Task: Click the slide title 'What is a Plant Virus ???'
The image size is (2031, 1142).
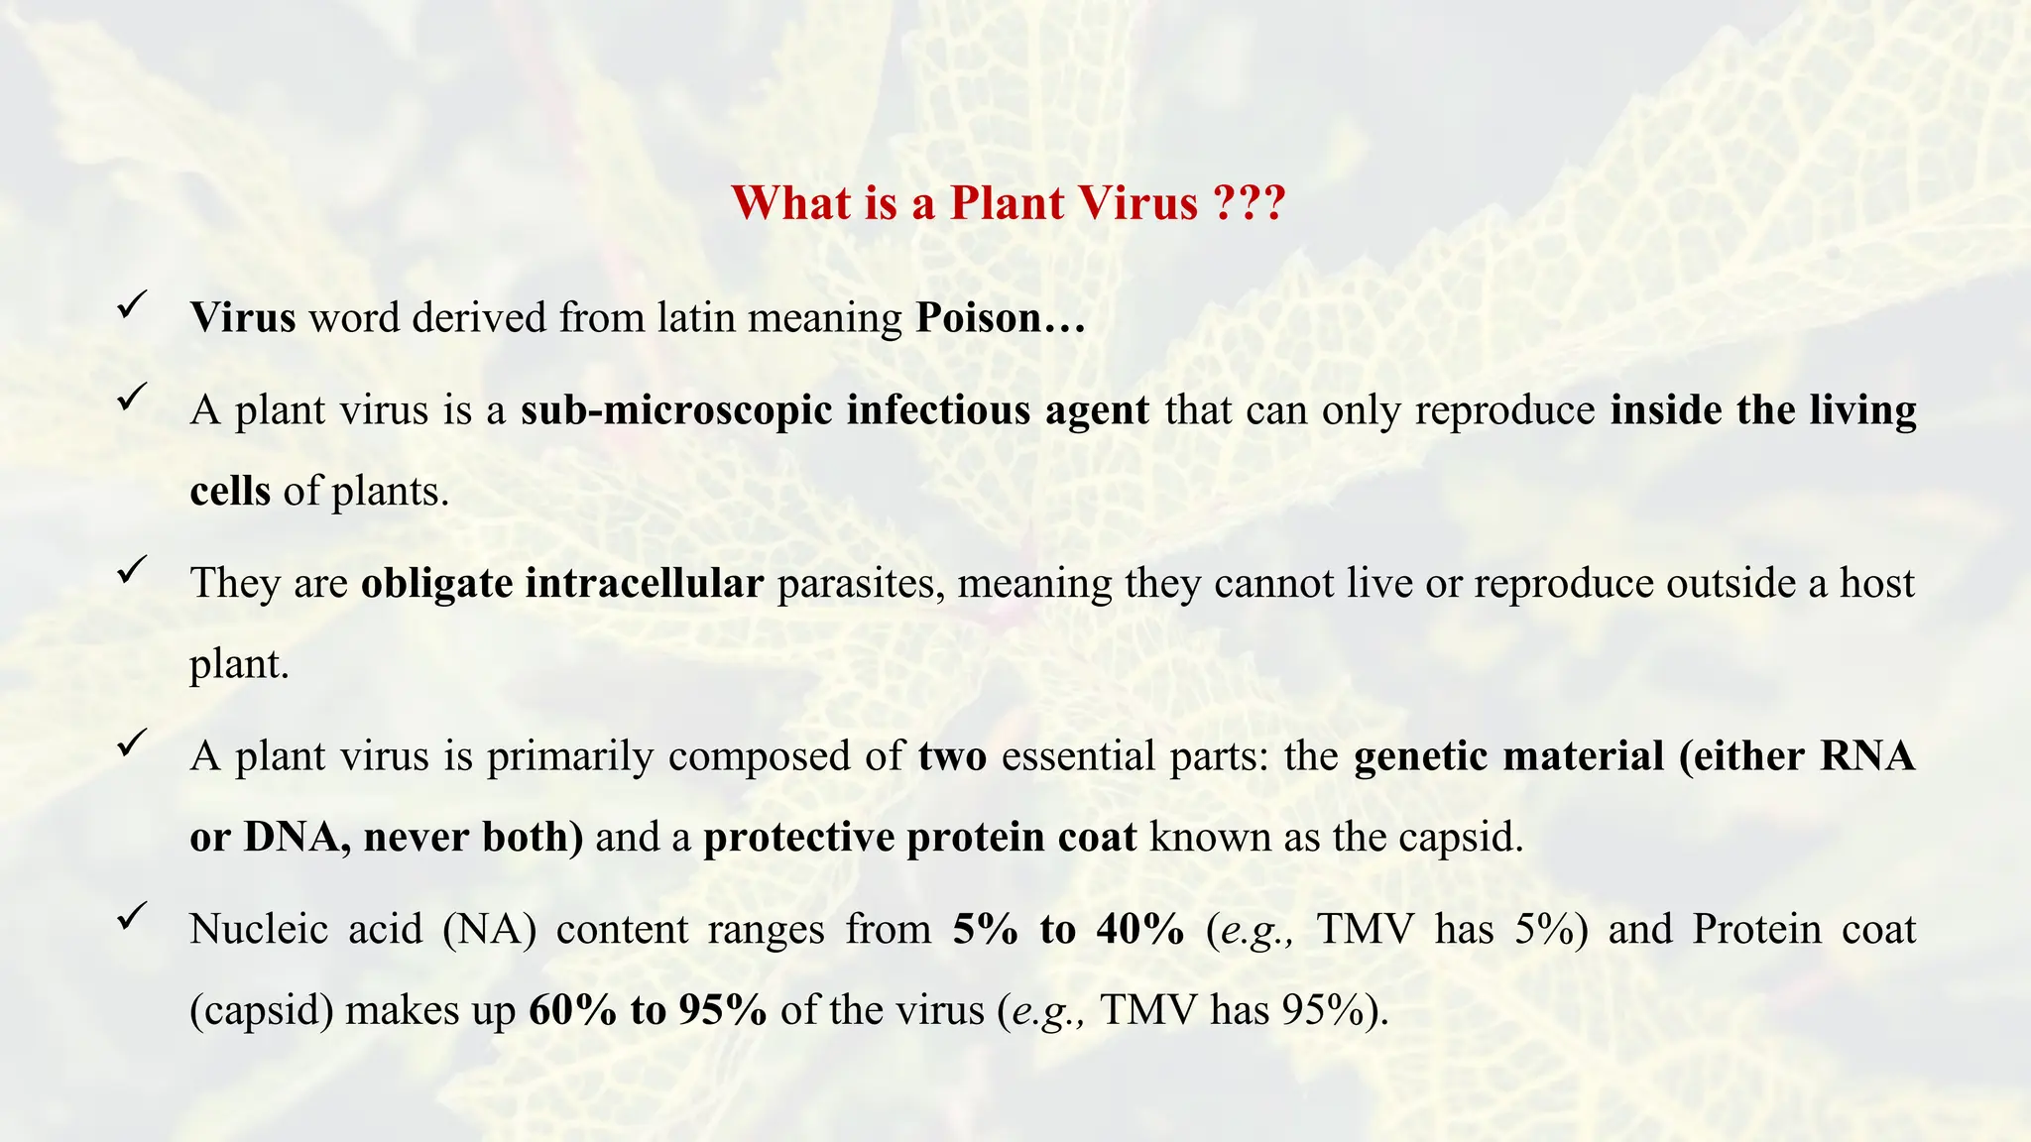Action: (1008, 203)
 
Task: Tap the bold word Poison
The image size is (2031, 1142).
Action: (978, 318)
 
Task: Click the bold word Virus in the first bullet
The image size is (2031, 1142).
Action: (243, 318)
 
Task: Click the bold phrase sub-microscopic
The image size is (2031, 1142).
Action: (676, 410)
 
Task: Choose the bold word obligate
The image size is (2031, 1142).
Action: (436, 584)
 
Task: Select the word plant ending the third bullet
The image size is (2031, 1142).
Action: (238, 664)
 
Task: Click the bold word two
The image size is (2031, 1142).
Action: (952, 756)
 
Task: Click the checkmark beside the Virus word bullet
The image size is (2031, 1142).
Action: (132, 304)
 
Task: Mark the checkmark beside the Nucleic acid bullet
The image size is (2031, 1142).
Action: (132, 916)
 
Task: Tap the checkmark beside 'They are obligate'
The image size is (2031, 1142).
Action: (132, 570)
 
